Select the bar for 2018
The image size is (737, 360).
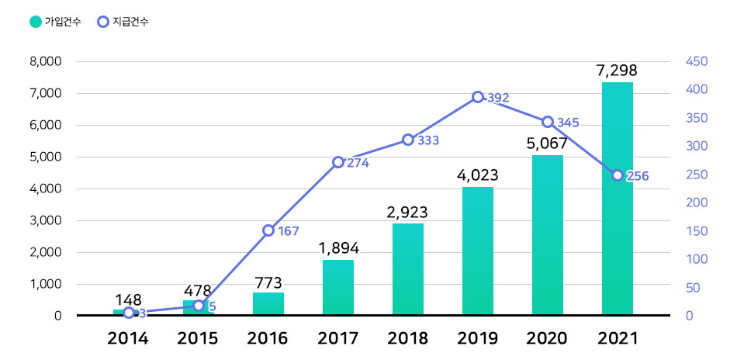click(408, 270)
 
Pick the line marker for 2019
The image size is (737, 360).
click(478, 97)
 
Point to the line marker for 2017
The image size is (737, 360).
click(338, 162)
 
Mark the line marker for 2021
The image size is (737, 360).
click(618, 175)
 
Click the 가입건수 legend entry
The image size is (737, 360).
click(55, 22)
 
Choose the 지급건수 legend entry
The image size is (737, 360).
click(123, 22)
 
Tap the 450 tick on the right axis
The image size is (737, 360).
click(695, 61)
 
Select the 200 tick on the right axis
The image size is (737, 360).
click(695, 202)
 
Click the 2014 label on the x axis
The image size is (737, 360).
click(128, 338)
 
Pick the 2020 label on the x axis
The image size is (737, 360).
click(547, 338)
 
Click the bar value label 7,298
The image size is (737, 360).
click(617, 71)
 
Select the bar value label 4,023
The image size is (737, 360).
click(478, 175)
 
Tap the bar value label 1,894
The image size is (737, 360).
click(338, 248)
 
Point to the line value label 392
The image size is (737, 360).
click(498, 98)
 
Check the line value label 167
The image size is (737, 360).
click(288, 231)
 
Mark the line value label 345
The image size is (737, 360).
click(568, 123)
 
